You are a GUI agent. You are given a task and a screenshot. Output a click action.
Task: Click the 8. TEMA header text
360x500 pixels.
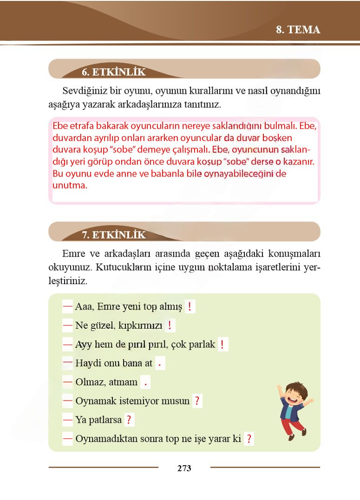298,30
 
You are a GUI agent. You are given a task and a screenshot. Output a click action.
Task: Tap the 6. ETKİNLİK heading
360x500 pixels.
113,72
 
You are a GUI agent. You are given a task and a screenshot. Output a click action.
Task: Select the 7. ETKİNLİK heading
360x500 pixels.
114,234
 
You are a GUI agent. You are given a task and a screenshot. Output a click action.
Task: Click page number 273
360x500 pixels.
184,468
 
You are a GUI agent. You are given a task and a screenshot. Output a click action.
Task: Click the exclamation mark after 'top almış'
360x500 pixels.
190,307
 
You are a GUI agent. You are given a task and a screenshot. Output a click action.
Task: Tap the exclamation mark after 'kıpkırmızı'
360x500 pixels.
170,325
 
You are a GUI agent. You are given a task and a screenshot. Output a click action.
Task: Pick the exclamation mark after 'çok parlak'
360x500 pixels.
223,344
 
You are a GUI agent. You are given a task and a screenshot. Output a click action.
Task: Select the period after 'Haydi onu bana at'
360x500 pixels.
160,364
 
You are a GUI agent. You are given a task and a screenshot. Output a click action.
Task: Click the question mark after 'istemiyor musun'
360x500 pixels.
197,401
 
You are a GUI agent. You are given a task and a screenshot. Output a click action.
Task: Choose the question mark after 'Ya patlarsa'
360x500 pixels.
129,420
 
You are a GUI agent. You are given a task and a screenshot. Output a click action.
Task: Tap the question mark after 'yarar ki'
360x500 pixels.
249,439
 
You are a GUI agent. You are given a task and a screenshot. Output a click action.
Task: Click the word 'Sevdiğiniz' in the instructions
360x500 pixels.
84,90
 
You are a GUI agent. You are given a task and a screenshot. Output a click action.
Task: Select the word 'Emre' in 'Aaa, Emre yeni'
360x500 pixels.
108,307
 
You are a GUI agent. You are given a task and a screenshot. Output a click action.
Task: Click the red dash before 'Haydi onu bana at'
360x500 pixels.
67,362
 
